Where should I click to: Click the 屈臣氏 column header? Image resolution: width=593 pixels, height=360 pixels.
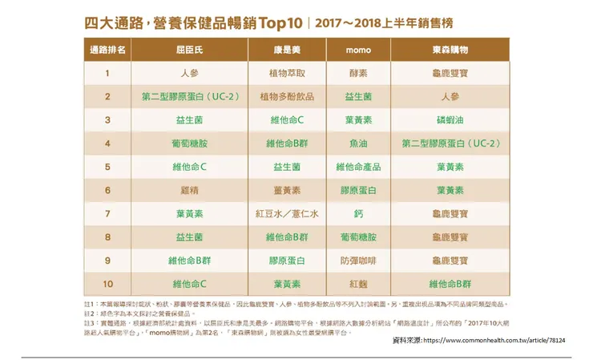click(189, 50)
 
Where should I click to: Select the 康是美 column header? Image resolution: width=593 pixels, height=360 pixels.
click(286, 50)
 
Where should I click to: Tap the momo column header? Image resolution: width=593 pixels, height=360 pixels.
click(357, 50)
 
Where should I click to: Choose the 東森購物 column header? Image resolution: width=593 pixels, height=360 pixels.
click(450, 50)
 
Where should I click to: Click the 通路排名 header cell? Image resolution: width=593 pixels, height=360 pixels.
click(107, 50)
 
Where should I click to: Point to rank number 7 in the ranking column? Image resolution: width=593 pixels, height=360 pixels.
click(107, 214)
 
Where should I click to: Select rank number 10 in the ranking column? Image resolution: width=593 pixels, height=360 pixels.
click(107, 284)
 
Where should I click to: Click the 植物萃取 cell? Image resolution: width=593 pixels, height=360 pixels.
click(286, 73)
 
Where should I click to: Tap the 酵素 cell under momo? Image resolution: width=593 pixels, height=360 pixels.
click(357, 73)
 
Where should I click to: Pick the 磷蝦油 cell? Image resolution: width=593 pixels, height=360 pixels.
click(450, 120)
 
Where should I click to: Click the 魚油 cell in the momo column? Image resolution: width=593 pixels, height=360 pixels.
click(357, 144)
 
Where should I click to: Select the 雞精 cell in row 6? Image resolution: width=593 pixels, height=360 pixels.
click(189, 191)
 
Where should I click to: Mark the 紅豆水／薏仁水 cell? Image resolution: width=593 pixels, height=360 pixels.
click(286, 214)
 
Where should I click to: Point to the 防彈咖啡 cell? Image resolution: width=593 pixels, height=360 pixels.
click(357, 261)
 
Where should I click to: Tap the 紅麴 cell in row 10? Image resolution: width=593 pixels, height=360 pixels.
click(357, 284)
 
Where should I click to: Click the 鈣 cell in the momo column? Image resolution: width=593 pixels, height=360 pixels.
click(357, 214)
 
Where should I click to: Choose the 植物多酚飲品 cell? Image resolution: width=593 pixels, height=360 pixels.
click(286, 96)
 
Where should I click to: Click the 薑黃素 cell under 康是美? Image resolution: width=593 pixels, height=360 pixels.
click(286, 191)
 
